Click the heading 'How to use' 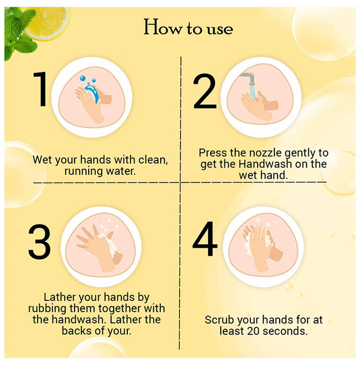coord(188,28)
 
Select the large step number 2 coord(205,91)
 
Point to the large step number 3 coord(39,241)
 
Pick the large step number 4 coord(205,239)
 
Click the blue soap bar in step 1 coord(92,93)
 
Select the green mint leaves coord(19,32)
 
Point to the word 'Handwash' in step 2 coord(265,164)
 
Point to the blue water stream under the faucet coord(253,92)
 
